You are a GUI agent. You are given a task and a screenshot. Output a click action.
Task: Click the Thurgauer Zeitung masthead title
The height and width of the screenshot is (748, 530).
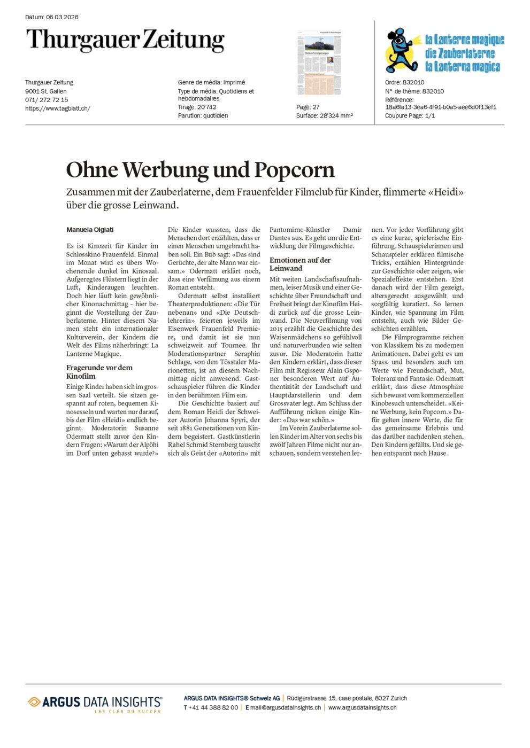(125, 40)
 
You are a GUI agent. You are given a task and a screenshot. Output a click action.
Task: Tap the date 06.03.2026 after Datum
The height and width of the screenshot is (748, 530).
(62, 17)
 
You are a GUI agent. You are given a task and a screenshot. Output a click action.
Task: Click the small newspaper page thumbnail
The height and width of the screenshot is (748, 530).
(319, 63)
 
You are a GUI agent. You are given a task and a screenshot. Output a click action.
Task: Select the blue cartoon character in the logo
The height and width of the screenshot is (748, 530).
(400, 51)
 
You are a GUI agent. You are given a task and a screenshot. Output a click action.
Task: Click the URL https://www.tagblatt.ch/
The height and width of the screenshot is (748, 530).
(58, 108)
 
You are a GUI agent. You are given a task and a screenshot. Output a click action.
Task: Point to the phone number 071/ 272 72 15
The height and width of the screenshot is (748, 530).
(47, 100)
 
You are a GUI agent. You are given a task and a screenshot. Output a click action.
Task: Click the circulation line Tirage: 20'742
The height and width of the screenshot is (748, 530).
(197, 107)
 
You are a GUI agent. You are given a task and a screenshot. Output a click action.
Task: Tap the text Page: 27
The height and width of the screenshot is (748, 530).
(308, 107)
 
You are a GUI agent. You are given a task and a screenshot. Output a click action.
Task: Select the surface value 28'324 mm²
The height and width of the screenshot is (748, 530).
(336, 116)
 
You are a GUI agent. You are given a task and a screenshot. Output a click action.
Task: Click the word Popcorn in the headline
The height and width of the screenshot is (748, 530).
(294, 170)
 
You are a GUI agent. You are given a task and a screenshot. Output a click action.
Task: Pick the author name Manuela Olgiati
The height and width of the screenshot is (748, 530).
(90, 230)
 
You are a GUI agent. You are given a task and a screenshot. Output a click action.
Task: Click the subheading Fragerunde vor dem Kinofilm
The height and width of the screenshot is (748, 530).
(99, 372)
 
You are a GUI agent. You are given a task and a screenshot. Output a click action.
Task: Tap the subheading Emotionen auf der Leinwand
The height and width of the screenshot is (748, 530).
(300, 264)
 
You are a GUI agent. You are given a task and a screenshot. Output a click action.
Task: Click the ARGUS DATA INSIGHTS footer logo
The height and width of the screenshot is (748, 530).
(95, 703)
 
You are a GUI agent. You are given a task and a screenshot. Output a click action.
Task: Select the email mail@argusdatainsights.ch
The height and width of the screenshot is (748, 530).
(285, 707)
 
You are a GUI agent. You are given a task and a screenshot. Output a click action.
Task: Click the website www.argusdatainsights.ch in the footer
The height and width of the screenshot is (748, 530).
(362, 707)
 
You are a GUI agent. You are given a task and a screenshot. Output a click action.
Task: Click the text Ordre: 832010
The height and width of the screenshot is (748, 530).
(404, 82)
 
